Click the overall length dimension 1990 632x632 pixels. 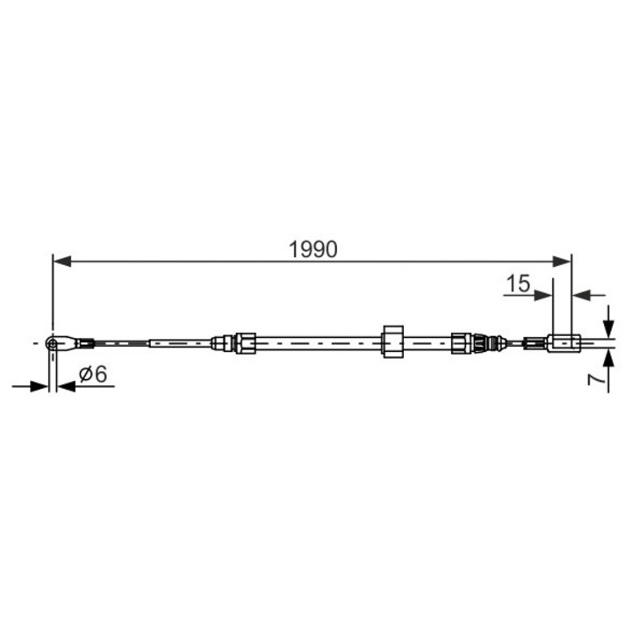coord(313,249)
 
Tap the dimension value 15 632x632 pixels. coord(518,284)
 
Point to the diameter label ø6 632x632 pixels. coord(92,375)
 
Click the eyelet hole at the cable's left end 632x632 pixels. coord(54,342)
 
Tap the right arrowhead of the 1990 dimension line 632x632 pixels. coord(564,261)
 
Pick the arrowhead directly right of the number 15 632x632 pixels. coord(546,295)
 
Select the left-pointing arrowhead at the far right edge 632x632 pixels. coord(580,295)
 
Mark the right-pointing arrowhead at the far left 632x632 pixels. coord(39,385)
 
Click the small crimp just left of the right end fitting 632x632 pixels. coord(534,342)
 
